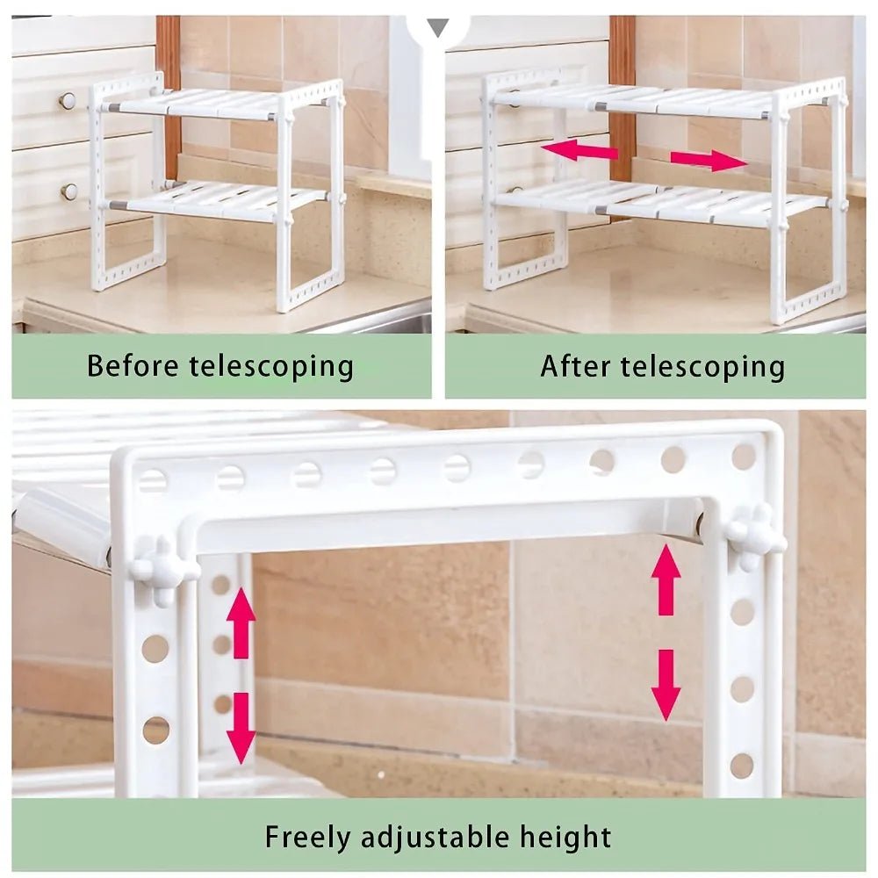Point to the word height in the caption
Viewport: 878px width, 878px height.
[561, 836]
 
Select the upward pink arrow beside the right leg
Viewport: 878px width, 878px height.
[666, 579]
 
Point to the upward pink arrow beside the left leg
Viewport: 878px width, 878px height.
[241, 618]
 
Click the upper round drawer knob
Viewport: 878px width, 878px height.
[68, 101]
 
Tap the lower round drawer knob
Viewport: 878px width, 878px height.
[68, 191]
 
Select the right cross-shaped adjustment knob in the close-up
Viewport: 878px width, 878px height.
[753, 536]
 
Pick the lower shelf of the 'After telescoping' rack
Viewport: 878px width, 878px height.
[658, 204]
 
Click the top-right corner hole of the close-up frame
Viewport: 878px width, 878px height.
[744, 457]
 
